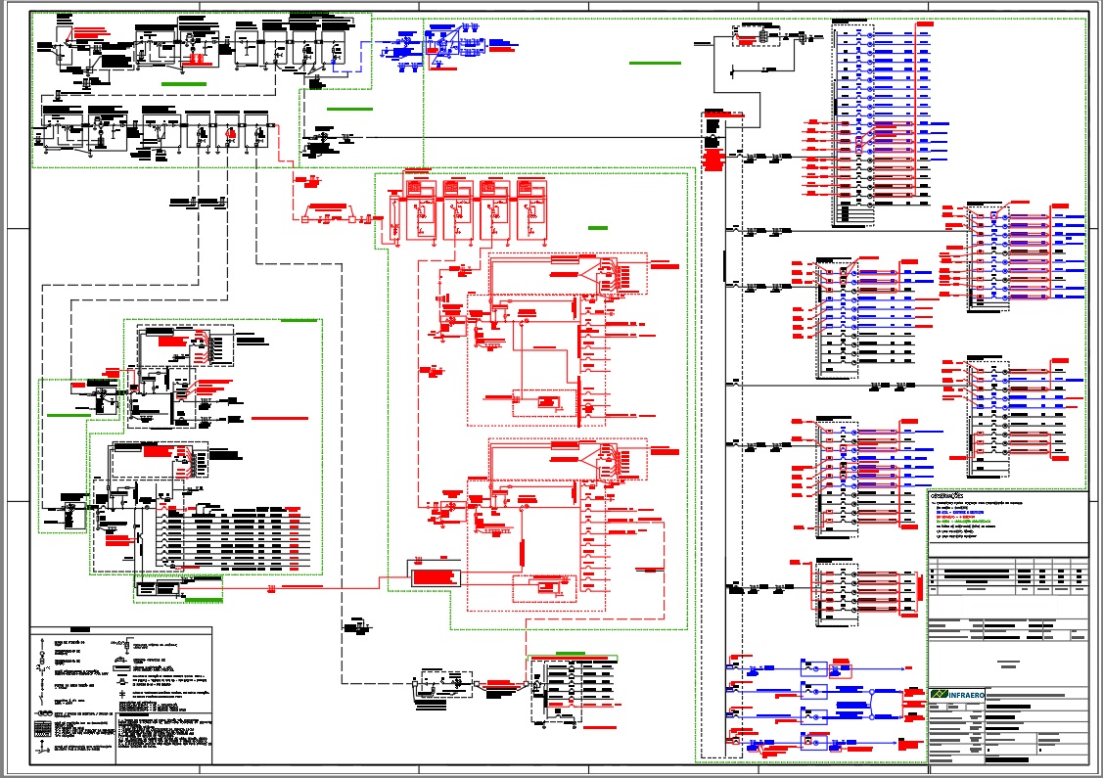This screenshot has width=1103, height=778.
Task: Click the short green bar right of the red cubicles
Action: click(x=597, y=227)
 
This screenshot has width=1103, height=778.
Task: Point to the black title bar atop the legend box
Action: click(x=77, y=631)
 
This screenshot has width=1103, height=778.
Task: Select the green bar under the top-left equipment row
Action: click(x=176, y=85)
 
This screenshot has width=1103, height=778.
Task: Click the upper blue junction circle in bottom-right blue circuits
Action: click(x=872, y=692)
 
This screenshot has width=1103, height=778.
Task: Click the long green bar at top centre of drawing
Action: click(x=655, y=63)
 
